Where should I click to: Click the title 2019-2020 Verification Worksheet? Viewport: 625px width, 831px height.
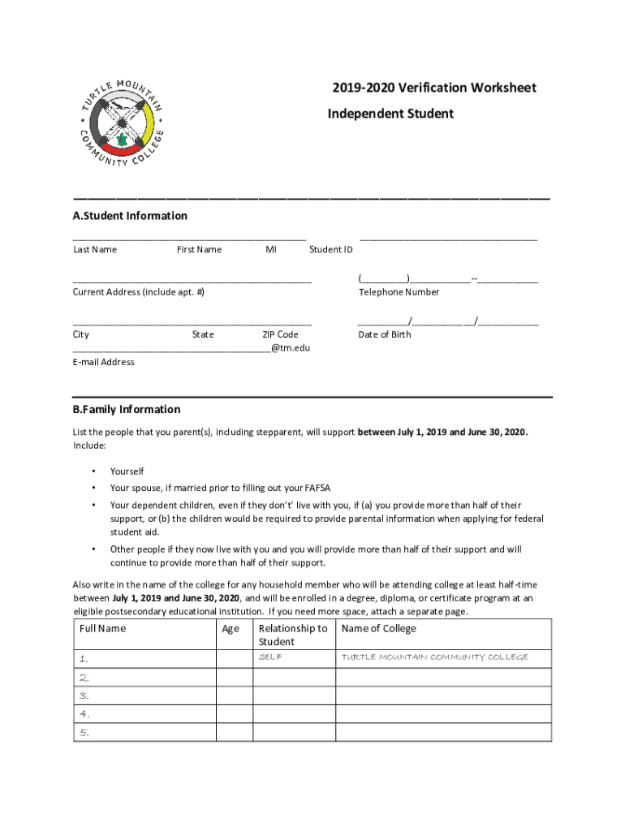point(433,88)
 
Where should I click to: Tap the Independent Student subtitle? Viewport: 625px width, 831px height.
point(390,114)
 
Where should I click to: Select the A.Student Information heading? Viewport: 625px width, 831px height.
point(130,216)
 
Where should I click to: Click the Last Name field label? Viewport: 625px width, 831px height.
point(95,249)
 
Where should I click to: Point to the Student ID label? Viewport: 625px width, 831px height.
point(331,249)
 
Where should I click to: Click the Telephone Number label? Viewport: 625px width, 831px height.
point(399,292)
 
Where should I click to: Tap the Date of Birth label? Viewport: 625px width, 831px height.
point(385,334)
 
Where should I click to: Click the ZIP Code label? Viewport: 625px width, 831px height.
point(280,334)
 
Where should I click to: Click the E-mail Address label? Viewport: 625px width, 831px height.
point(104,362)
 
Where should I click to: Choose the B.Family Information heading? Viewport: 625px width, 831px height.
point(127,409)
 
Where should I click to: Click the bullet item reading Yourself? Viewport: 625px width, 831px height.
point(127,471)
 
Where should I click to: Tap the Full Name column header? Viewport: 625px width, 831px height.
point(103,629)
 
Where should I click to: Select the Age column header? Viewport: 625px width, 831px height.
point(231,629)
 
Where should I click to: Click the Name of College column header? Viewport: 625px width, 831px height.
point(379,629)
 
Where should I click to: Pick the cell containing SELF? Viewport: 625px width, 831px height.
point(270,657)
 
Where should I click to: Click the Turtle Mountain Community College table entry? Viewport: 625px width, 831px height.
point(434,657)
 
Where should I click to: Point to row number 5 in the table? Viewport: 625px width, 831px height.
point(84,733)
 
